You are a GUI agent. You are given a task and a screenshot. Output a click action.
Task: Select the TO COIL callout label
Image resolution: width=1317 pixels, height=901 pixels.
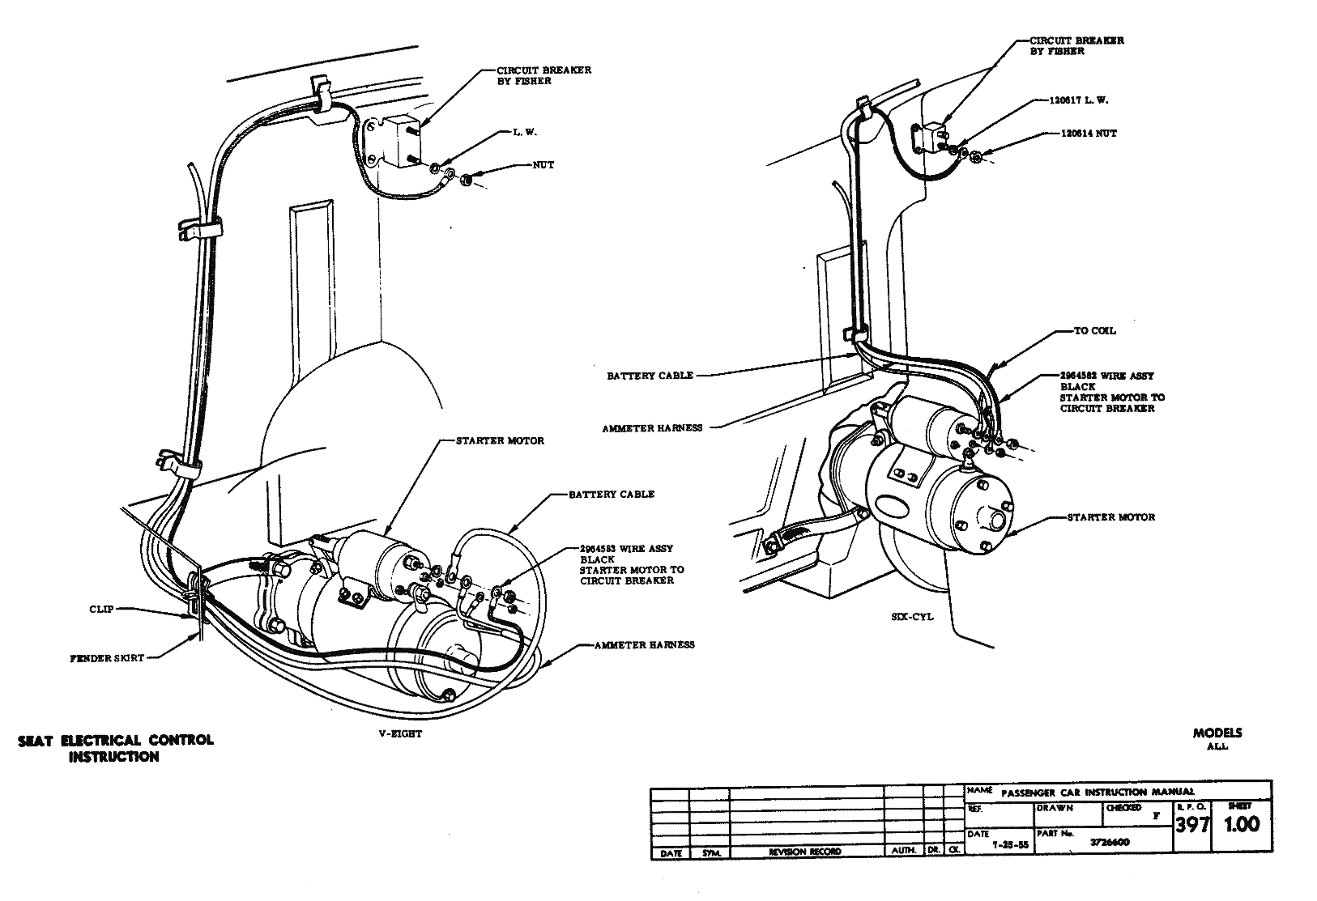[x=1094, y=330]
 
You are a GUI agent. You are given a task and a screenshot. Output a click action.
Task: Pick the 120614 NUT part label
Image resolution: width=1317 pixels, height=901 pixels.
[x=1089, y=134]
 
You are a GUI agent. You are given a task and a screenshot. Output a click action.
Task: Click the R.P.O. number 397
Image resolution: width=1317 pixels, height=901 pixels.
[x=1191, y=825]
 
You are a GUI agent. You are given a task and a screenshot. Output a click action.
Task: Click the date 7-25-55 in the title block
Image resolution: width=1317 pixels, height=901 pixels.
[x=1011, y=844]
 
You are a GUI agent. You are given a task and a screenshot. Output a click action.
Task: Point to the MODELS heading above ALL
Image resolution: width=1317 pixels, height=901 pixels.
[x=1217, y=733]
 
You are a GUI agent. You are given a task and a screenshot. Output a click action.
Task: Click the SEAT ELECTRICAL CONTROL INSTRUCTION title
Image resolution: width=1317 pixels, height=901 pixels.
[x=116, y=748]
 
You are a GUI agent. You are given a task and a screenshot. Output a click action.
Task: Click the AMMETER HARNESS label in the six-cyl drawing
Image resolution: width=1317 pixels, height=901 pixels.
[x=652, y=427]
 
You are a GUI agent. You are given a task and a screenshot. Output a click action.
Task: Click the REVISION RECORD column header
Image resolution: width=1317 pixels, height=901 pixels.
[x=805, y=852]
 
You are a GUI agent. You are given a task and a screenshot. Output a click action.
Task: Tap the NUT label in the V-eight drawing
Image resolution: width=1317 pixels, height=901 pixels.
[x=543, y=165]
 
